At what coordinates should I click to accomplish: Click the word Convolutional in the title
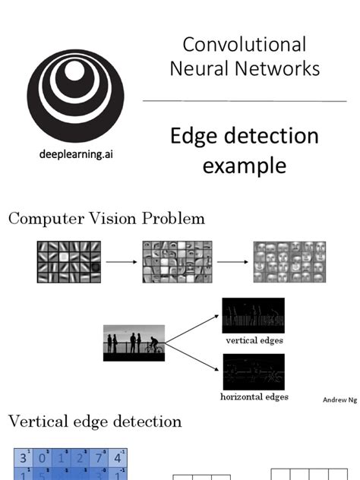coord(245,44)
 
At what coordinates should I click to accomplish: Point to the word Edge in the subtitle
coord(193,137)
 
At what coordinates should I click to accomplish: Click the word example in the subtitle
coord(244,165)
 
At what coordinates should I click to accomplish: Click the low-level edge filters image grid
coord(68,261)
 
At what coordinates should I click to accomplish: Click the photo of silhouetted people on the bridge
coord(134,343)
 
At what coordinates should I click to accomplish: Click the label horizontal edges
coord(254,396)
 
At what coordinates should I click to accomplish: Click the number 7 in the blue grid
coord(99,458)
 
